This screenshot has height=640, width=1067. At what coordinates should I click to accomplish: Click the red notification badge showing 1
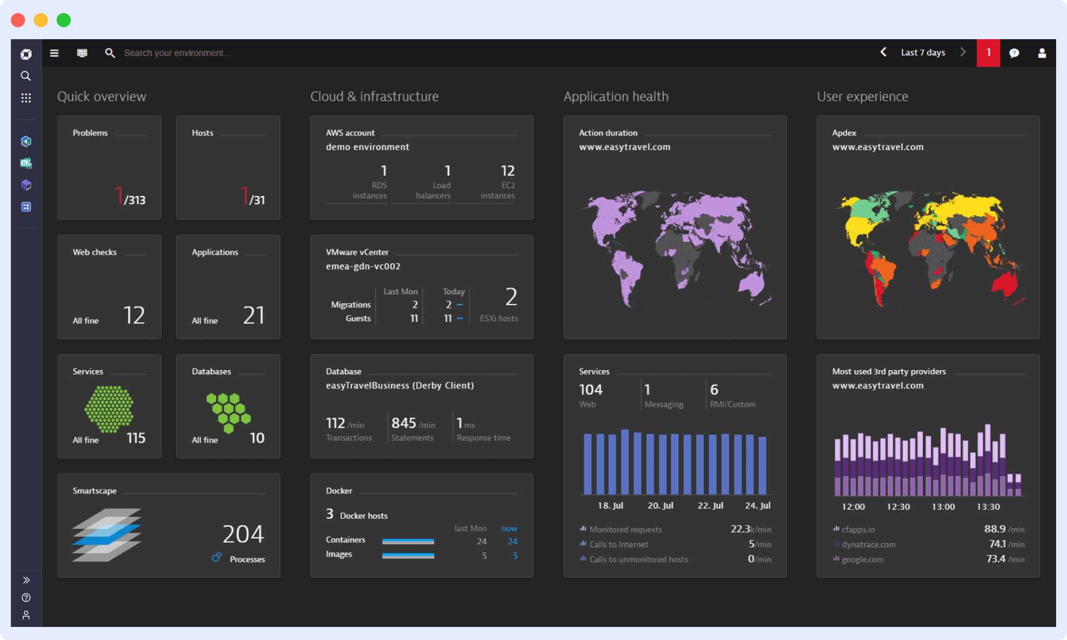pos(988,53)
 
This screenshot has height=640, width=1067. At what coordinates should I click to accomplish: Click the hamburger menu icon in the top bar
pos(54,53)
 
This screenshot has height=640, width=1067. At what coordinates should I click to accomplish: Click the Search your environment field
pos(177,53)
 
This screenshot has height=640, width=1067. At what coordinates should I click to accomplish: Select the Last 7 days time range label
pos(923,53)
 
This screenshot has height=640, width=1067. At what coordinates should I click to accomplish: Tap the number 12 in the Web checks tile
pos(134,315)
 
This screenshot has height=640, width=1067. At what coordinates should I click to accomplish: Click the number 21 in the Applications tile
pos(253,315)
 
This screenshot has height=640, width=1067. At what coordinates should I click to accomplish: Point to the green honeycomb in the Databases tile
pos(228,411)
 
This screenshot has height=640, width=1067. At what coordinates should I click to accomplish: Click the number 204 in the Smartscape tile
pos(243,534)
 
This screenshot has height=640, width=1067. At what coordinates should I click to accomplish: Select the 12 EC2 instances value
pos(507,171)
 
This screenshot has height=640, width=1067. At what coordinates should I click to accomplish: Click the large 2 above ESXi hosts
pos(511,297)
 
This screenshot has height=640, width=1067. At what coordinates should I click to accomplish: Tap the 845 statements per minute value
pos(403,423)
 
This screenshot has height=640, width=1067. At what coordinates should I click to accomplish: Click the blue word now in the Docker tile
pos(509,528)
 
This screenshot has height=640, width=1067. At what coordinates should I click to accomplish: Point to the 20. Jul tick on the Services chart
pos(660,506)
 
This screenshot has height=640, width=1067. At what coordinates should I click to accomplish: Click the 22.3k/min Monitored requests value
pos(750,529)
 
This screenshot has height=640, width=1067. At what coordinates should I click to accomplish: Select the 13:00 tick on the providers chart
pos(943,507)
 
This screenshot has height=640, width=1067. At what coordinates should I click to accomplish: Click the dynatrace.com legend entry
pos(868,544)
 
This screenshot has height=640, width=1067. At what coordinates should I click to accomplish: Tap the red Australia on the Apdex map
pos(1005,284)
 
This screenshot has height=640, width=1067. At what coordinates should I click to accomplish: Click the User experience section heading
pos(862,96)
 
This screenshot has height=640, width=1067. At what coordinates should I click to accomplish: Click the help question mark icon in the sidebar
pos(26,598)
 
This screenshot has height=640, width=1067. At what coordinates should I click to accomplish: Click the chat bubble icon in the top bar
pos(1014,53)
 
